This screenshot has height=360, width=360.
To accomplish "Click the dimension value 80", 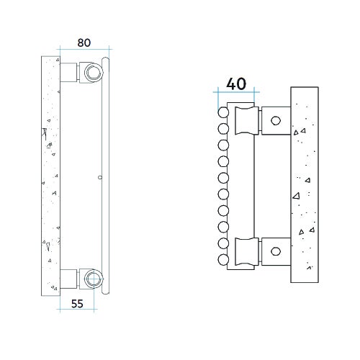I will pos(84,42).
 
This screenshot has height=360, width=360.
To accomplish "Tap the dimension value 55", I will pos(78,303).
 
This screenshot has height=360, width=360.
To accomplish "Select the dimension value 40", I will pos(236,84).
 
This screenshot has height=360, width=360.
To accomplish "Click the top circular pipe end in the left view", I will pos(91,72).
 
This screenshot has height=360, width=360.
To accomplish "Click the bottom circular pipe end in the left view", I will pos(91,278).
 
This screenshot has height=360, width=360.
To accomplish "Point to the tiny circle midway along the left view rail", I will pos(99,176).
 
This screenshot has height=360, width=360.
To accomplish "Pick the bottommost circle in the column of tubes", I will pos(223,259).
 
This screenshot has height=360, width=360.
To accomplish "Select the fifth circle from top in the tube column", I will pos(223,178).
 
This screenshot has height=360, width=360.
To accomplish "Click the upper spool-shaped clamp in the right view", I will pos(246,120).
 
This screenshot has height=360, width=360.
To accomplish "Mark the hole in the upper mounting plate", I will pos(275,120).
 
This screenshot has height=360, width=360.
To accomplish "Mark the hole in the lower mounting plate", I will pos(275,252).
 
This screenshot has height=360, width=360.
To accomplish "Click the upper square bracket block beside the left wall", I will pos(69,72).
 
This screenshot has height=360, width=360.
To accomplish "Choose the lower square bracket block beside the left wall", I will pos(69,278).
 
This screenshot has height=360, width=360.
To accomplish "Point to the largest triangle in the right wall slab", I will pos(296,195).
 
